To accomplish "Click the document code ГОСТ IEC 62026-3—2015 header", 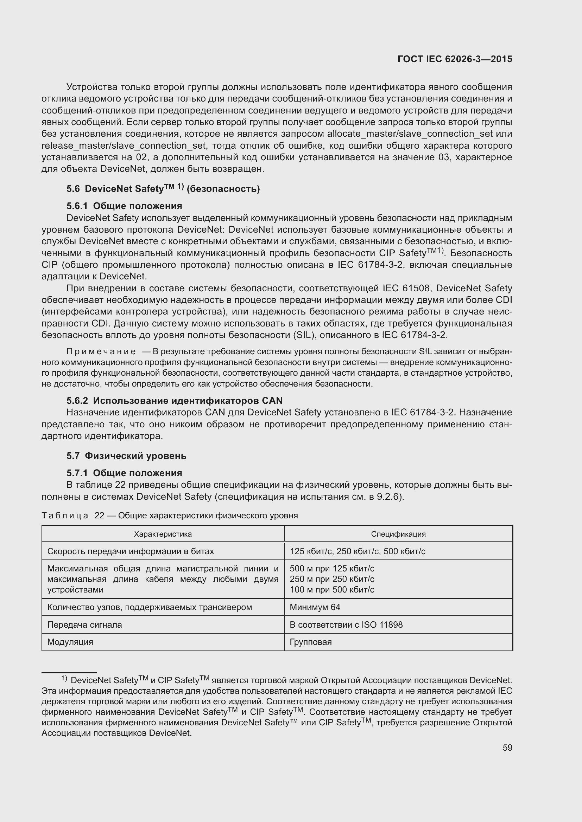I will tap(455, 59).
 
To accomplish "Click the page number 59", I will tap(507, 755).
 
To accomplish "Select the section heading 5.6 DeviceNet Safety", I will tap(163, 188).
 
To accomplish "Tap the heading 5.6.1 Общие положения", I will tap(124, 206).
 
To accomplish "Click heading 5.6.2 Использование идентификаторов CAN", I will tap(175, 401).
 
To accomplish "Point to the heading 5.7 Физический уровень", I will tap(126, 456).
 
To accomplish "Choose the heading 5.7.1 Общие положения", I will tap(124, 473).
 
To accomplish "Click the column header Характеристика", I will tap(163, 534).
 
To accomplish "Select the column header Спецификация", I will tap(398, 534).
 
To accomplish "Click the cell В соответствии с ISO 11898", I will tap(346, 625).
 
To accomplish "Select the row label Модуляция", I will tap(70, 642).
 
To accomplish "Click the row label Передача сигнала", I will tap(84, 625).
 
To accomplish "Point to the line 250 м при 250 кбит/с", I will tap(332, 579).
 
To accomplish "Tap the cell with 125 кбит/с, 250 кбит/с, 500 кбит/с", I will tap(357, 551).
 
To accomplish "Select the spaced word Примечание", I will tap(101, 351).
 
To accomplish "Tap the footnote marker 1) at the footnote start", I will tap(64, 678).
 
